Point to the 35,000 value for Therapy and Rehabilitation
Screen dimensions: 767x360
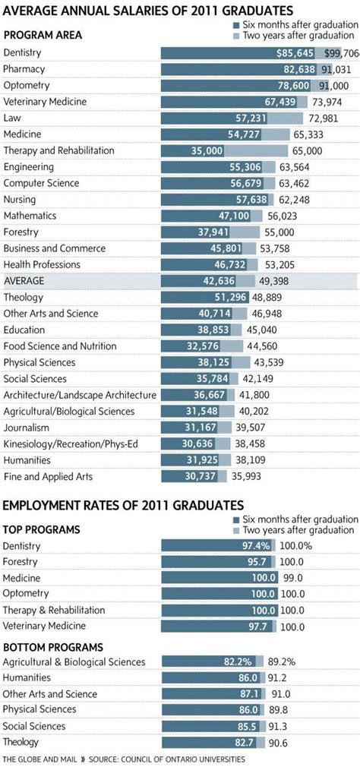[207, 151]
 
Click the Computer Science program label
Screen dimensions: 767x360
[40, 183]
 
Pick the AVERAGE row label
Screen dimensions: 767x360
[24, 280]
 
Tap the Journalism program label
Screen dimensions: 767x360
[27, 427]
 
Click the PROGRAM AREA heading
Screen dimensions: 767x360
[43, 35]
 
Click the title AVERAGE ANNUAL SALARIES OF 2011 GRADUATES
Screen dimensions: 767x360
[149, 11]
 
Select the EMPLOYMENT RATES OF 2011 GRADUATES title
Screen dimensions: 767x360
[124, 505]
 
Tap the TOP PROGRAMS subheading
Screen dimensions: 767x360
[41, 529]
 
